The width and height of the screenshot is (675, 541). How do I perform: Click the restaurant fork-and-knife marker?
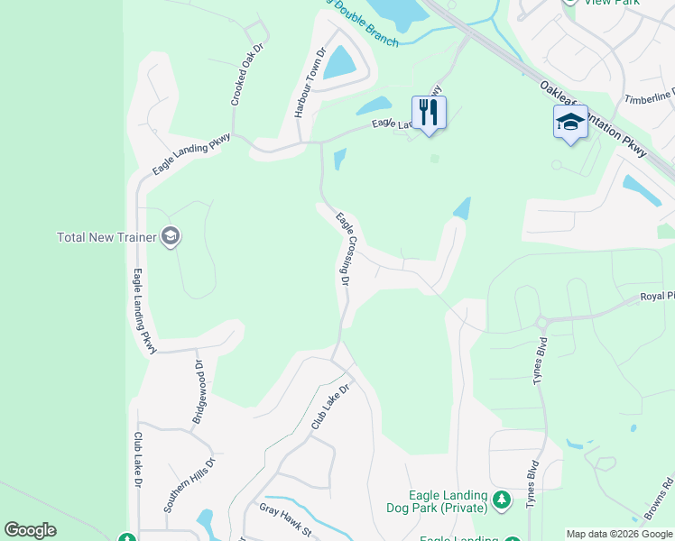click(429, 113)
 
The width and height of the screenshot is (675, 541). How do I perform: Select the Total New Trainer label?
click(107, 238)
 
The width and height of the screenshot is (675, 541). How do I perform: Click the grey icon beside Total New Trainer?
click(171, 237)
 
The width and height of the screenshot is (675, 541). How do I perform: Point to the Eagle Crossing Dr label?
click(344, 249)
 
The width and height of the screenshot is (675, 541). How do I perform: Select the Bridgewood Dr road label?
click(198, 392)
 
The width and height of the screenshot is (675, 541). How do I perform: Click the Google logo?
click(30, 530)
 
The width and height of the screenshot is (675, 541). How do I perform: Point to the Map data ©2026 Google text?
click(619, 534)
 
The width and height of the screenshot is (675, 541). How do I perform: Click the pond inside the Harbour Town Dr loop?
click(340, 62)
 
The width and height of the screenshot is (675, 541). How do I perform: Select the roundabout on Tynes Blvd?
click(542, 322)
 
